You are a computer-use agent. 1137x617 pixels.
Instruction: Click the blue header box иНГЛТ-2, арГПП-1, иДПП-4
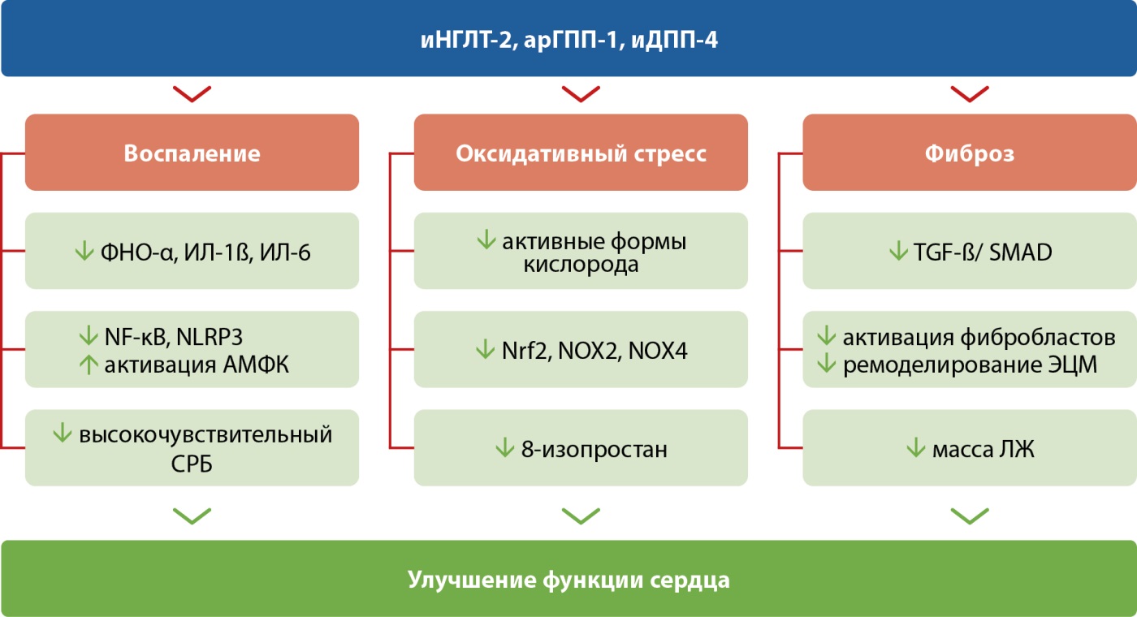[x=568, y=39]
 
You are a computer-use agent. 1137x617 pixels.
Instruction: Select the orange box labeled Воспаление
[x=192, y=153]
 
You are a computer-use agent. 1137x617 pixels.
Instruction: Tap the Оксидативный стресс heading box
[x=581, y=153]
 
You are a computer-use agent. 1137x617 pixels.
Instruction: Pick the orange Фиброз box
[x=969, y=153]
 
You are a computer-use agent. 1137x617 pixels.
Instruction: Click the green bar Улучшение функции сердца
[x=568, y=580]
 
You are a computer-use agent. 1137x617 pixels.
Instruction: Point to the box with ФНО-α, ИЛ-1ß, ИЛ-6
[x=192, y=251]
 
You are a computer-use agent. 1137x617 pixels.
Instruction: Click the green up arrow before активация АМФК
[x=88, y=364]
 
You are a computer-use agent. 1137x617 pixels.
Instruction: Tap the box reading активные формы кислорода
[x=581, y=251]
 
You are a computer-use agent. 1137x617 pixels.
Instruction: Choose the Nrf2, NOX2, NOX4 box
[x=581, y=350]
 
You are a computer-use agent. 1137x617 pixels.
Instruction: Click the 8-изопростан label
[x=594, y=448]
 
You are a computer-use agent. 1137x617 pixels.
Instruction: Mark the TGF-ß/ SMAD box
[x=969, y=251]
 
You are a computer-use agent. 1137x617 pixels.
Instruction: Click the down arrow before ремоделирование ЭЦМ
[x=827, y=364]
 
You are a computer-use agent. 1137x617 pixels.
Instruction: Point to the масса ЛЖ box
[x=969, y=448]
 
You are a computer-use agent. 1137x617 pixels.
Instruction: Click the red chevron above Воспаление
[x=192, y=94]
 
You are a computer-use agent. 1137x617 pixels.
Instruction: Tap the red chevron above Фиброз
[x=969, y=94]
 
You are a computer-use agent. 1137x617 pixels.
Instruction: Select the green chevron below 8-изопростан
[x=581, y=516]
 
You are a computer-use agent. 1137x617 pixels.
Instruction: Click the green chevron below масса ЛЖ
[x=969, y=516]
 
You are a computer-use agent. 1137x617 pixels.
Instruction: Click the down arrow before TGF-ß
[x=898, y=252]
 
